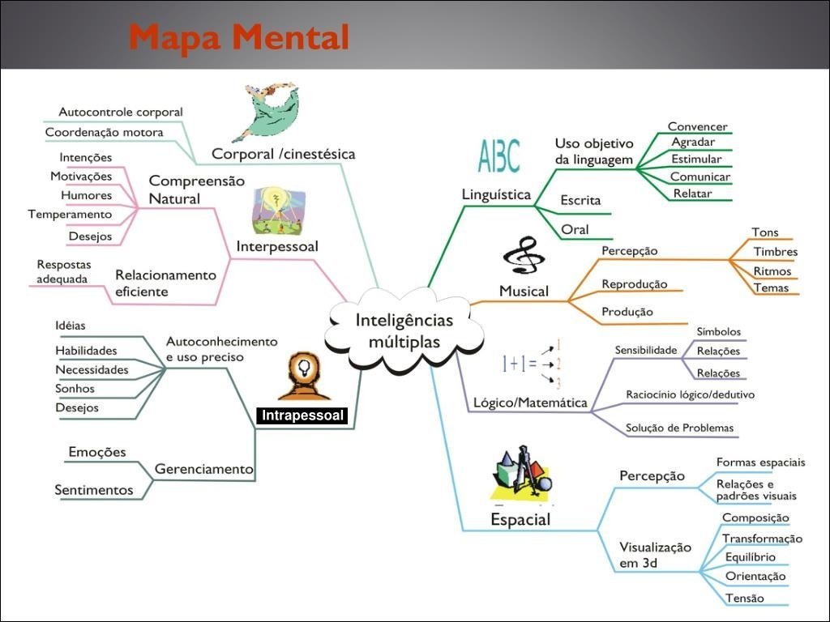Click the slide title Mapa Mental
point(238,36)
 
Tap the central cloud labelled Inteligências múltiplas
point(404,330)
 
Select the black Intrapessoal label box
point(302,416)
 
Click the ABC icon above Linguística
point(499,156)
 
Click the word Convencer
point(697,126)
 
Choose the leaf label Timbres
point(775,251)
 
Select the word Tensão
point(744,598)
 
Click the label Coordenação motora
point(104,132)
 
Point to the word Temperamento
point(70,215)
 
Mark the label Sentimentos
point(93,489)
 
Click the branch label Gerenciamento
point(203,469)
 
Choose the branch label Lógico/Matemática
point(530,403)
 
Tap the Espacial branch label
point(520,519)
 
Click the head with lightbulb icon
point(303,376)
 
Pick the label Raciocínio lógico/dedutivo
point(690,395)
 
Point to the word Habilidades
point(86,351)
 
